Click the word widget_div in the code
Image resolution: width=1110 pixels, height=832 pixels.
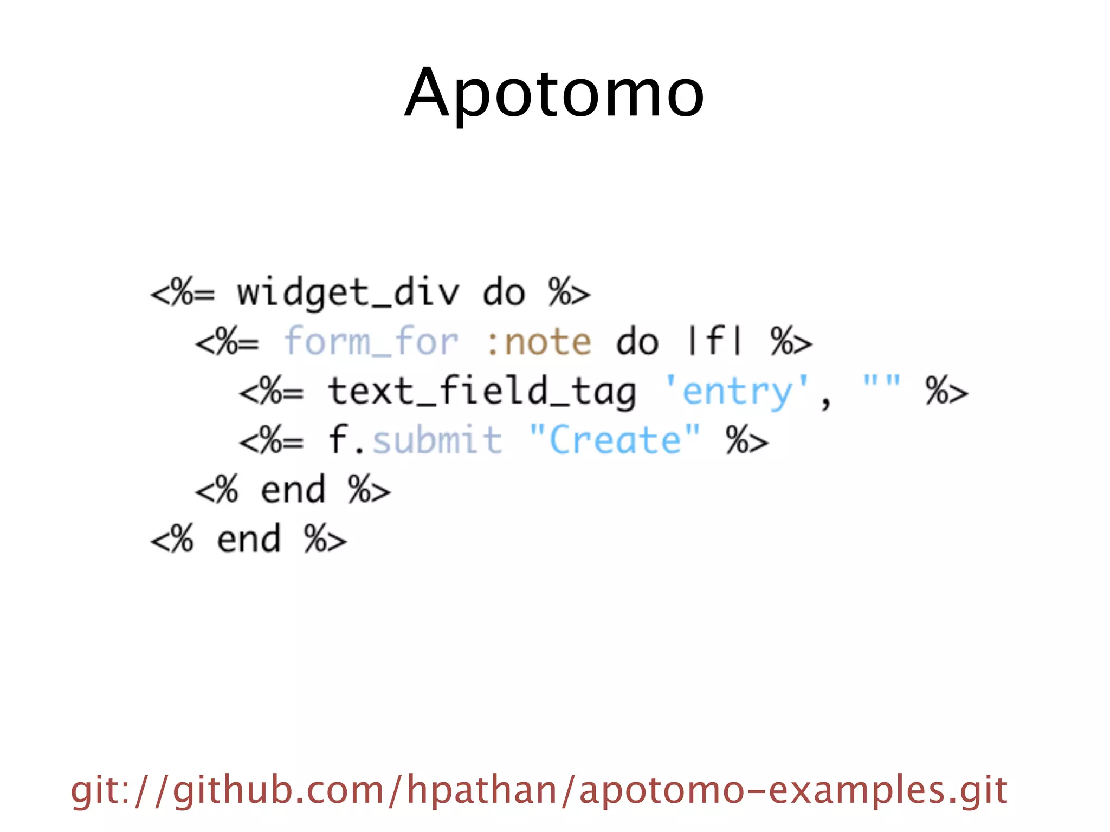pos(347,293)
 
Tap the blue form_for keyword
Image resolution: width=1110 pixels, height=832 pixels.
pos(371,342)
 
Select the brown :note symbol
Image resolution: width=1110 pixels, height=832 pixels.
pos(538,342)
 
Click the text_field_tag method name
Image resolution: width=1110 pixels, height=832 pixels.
pos(482,392)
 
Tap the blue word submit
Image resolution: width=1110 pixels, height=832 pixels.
pos(437,440)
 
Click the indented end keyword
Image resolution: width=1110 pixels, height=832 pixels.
pos(293,490)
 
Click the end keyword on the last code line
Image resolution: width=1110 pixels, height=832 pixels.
pos(249,539)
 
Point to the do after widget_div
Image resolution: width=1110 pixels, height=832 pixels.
pos(504,293)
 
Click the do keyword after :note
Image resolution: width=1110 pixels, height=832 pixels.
pos(637,342)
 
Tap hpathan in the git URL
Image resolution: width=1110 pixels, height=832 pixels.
pos(482,790)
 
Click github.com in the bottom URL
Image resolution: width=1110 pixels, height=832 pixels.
pos(279,790)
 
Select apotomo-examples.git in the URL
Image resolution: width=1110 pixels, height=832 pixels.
pos(793,790)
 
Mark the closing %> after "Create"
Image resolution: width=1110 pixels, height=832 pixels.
pos(747,440)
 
